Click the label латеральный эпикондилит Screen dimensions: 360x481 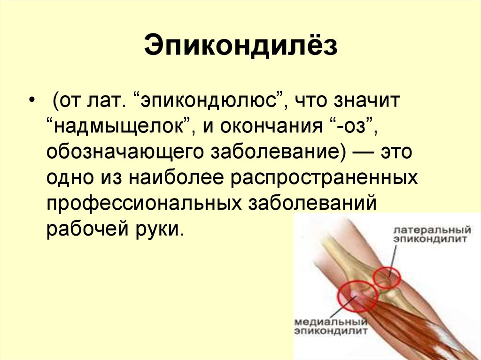[x=432, y=235]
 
